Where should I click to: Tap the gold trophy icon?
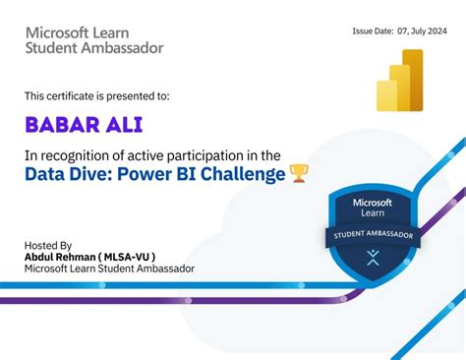(299, 174)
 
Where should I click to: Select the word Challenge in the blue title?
(243, 174)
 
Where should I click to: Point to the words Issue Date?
(373, 30)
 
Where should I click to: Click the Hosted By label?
(48, 245)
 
